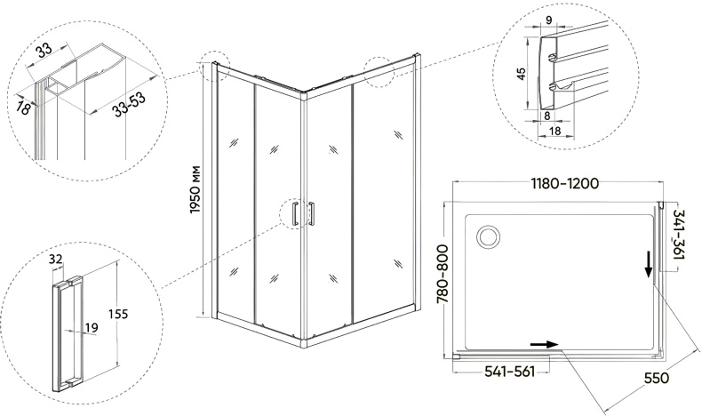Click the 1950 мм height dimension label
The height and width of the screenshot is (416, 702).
click(x=195, y=189)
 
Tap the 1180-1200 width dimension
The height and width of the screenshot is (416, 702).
click(x=564, y=184)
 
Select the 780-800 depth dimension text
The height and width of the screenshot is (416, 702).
click(x=443, y=275)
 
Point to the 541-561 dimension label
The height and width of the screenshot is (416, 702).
click(x=510, y=372)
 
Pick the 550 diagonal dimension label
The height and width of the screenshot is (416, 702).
click(x=657, y=378)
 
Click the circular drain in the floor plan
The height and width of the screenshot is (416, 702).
click(x=489, y=235)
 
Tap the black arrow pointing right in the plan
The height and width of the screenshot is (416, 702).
click(x=544, y=344)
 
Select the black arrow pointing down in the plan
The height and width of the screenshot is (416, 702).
click(x=648, y=265)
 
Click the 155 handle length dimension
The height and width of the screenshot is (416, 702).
click(x=118, y=314)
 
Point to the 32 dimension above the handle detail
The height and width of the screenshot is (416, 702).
click(x=55, y=259)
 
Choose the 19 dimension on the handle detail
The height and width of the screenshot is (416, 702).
click(x=91, y=328)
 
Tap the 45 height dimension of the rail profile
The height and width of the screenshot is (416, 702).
click(x=521, y=74)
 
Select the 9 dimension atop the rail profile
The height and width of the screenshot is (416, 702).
click(x=549, y=19)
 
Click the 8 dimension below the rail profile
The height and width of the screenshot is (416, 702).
click(x=546, y=116)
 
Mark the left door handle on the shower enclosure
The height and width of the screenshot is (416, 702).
click(x=295, y=214)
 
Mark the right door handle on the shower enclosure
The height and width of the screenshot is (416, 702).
click(x=311, y=214)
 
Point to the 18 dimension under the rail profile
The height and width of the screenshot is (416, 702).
click(x=554, y=131)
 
